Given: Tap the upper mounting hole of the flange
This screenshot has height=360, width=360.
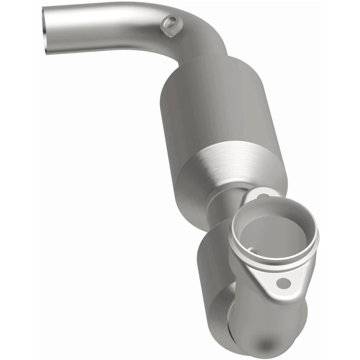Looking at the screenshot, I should click(262, 196).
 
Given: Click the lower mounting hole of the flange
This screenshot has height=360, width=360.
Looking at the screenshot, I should click(283, 283).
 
